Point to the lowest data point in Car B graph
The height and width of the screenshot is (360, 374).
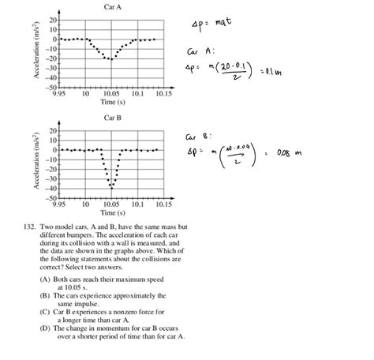point(111,187)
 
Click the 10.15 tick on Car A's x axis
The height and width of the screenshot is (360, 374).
point(163,93)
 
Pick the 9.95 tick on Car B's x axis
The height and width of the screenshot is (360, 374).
point(60,204)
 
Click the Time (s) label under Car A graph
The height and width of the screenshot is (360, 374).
point(111,102)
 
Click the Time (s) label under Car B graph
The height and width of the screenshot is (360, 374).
point(111,212)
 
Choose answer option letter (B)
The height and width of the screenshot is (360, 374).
point(45,295)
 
